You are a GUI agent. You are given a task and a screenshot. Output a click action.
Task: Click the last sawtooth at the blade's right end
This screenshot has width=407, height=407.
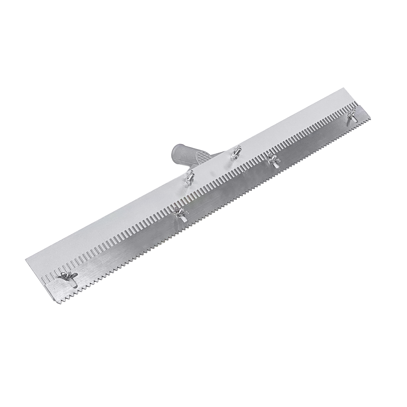pos(369,119)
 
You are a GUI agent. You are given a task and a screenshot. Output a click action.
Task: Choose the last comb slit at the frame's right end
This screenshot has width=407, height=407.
pos(355,103)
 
